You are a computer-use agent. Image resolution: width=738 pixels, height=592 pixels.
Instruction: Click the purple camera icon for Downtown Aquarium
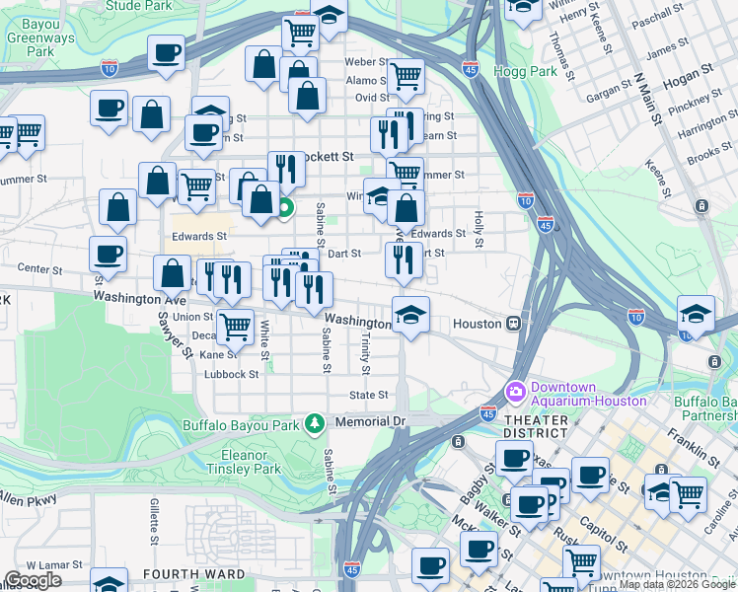515,392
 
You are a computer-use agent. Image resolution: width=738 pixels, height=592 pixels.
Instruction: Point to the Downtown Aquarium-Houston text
589,394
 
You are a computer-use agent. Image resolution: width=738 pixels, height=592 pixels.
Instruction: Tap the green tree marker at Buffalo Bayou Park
315,423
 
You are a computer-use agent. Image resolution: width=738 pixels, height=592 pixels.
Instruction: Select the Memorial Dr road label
370,421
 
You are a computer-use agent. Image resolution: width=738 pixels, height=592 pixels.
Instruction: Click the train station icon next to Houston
514,324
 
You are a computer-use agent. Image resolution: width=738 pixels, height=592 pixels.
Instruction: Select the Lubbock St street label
232,374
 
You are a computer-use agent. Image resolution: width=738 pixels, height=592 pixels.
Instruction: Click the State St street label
370,395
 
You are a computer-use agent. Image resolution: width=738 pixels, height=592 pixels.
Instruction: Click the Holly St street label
479,228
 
